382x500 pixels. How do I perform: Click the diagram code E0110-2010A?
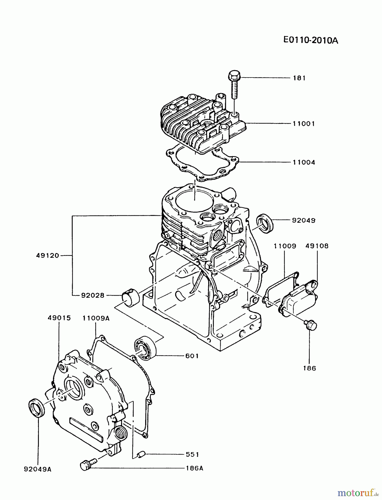311,41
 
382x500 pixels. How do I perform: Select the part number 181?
299,78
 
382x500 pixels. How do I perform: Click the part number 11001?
304,124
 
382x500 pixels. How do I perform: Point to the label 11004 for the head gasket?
304,162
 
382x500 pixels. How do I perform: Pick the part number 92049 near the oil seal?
304,221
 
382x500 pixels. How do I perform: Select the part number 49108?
317,246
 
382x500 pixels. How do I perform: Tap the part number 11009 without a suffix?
285,246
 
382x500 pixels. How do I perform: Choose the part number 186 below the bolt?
310,368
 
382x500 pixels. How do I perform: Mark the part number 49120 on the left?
48,256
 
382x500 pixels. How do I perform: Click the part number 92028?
93,296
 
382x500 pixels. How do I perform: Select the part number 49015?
59,318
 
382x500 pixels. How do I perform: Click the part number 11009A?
96,318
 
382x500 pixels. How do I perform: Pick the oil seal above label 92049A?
37,408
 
